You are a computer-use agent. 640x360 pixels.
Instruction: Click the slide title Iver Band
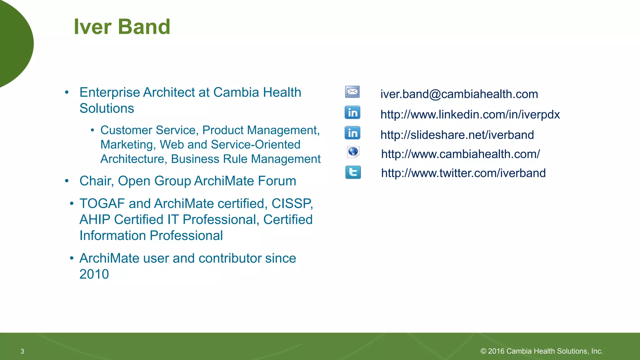pyautogui.click(x=122, y=27)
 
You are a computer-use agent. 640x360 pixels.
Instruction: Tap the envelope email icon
pyautogui.click(x=352, y=92)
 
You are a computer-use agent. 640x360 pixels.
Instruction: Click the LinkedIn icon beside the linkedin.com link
pyautogui.click(x=352, y=112)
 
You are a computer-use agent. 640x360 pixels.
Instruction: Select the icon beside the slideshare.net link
pyautogui.click(x=352, y=133)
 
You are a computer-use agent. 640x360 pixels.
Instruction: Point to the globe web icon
pyautogui.click(x=353, y=152)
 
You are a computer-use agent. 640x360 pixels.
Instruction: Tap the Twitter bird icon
pyautogui.click(x=353, y=172)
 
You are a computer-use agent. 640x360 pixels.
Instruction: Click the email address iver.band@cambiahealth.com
pyautogui.click(x=459, y=94)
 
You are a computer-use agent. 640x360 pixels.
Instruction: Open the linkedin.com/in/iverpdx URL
pyautogui.click(x=470, y=115)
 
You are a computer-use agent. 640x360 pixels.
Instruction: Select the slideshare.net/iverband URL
pyautogui.click(x=457, y=135)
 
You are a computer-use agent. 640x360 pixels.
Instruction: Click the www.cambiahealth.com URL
pyautogui.click(x=460, y=154)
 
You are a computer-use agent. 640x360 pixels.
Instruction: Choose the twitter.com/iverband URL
pyautogui.click(x=463, y=173)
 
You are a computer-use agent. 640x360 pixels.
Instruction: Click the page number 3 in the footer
pyautogui.click(x=22, y=351)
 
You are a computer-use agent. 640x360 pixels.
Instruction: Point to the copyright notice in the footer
pyautogui.click(x=541, y=351)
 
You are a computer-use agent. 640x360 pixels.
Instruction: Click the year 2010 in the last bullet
pyautogui.click(x=94, y=274)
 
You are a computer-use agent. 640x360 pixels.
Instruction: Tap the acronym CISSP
pyautogui.click(x=292, y=204)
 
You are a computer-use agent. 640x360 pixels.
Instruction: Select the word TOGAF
pyautogui.click(x=102, y=204)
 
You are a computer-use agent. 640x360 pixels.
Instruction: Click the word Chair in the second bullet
pyautogui.click(x=96, y=181)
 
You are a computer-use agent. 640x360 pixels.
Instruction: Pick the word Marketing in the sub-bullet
pyautogui.click(x=128, y=145)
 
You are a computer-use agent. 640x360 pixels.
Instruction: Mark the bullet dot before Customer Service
pyautogui.click(x=92, y=130)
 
